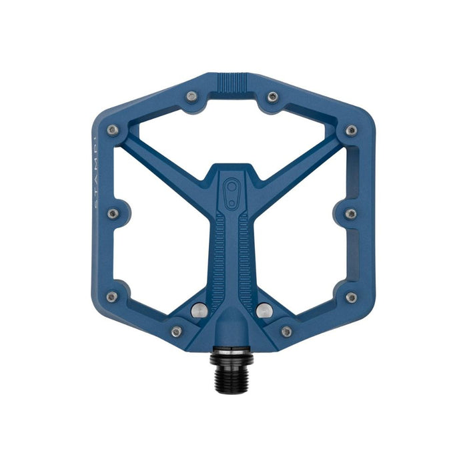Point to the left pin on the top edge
tap(192, 97)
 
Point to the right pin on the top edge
tap(272, 97)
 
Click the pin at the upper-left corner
tap(113, 129)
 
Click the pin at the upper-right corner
tap(351, 129)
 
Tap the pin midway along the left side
tap(113, 213)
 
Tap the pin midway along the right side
tap(351, 213)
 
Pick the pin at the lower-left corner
tap(113, 297)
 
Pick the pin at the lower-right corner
tap(351, 297)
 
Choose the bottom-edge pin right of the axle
tap(286, 332)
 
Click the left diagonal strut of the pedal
tap(167, 157)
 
